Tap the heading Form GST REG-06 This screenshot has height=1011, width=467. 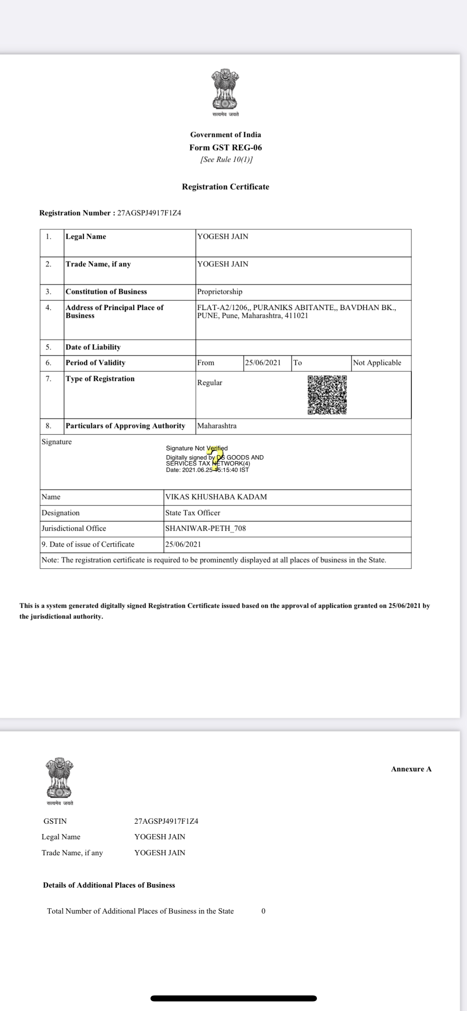coord(226,147)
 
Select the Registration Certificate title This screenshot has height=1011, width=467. coord(226,186)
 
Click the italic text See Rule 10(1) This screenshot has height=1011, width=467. coord(226,159)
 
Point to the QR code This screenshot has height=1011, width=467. coord(327,394)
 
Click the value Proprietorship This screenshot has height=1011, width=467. coord(220,291)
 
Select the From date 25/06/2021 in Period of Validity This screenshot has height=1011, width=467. coord(263,363)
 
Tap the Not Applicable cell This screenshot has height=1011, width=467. coord(377,363)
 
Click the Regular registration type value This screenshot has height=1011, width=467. coord(210,383)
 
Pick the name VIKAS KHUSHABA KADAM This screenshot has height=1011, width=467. coord(216,497)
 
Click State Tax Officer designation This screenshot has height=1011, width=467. coord(192,513)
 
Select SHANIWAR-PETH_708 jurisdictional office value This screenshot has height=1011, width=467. coord(205,528)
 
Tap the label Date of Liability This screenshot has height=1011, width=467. coord(93,347)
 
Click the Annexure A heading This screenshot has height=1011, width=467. coord(411,769)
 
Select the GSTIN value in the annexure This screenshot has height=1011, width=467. coord(166,821)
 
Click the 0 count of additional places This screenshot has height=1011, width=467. coord(263,911)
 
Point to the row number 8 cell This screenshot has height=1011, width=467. coord(48,426)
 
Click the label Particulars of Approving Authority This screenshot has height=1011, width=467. coord(125,426)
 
